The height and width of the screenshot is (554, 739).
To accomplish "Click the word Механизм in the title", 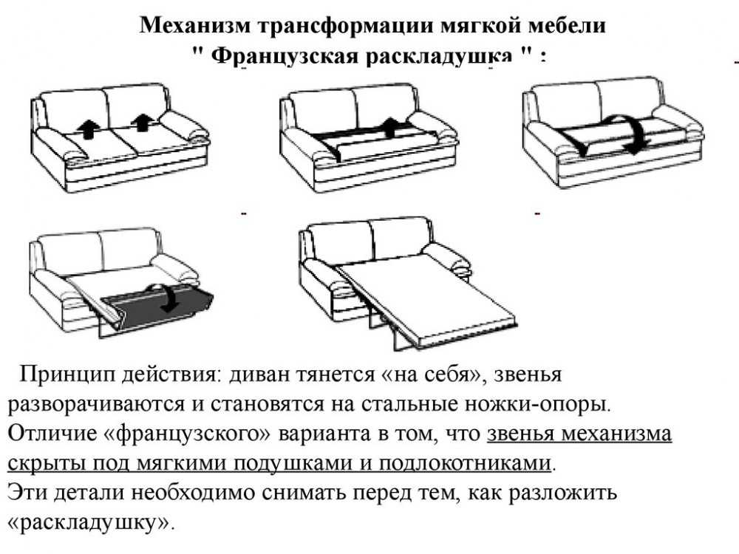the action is click(195, 25).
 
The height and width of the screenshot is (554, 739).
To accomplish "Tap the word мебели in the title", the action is click(567, 25).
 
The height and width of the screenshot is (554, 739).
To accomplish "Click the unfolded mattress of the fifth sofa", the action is click(426, 298).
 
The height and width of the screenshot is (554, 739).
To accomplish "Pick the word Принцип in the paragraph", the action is click(67, 375).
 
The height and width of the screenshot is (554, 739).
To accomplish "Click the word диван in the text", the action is click(259, 375).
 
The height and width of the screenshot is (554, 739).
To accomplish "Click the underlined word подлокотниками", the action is click(465, 464).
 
